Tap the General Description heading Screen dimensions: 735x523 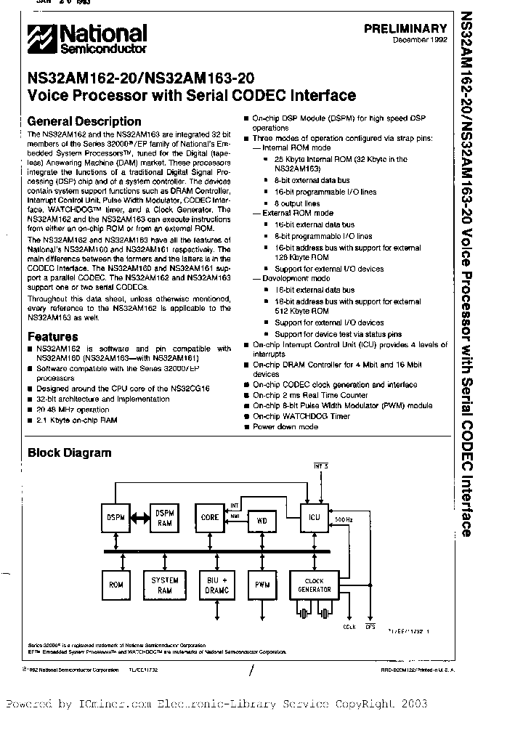84,121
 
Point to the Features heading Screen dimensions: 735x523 53,336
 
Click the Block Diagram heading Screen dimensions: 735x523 70,452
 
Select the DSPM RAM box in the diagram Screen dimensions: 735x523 164,518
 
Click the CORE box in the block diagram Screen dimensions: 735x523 209,518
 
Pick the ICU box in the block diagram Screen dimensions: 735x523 315,518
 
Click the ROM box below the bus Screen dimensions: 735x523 115,584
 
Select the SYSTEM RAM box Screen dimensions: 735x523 164,584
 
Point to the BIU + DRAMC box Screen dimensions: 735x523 216,585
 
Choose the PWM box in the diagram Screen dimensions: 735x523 262,584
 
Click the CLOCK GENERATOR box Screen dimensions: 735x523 314,584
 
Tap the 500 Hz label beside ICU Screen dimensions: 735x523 345,520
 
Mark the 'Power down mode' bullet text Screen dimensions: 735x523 285,427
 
